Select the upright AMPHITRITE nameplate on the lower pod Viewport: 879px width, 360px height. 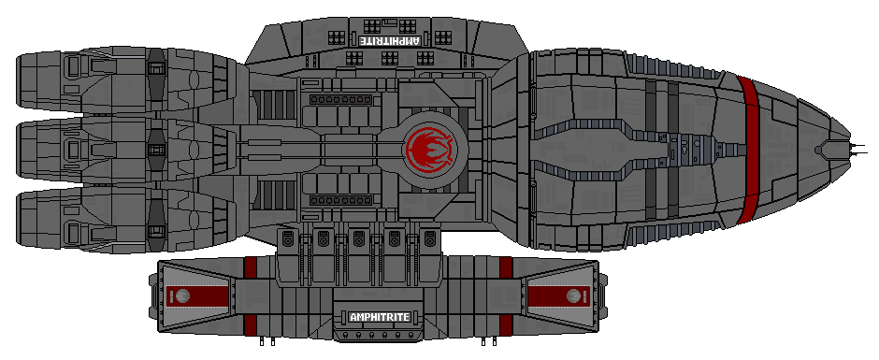(x=379, y=316)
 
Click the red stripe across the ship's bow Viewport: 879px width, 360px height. (x=746, y=150)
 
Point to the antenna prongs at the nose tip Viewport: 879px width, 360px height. (x=854, y=148)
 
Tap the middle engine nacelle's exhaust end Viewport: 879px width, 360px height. (x=26, y=150)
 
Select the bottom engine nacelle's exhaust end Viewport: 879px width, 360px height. (x=26, y=217)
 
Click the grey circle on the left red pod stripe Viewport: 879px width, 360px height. (x=183, y=296)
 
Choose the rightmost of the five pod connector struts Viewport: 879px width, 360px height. (x=428, y=241)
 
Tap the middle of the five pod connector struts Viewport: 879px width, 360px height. (x=358, y=241)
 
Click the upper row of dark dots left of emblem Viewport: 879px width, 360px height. (x=339, y=98)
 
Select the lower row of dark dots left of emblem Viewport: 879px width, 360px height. (x=339, y=199)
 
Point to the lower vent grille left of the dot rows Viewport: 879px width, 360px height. (x=274, y=196)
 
